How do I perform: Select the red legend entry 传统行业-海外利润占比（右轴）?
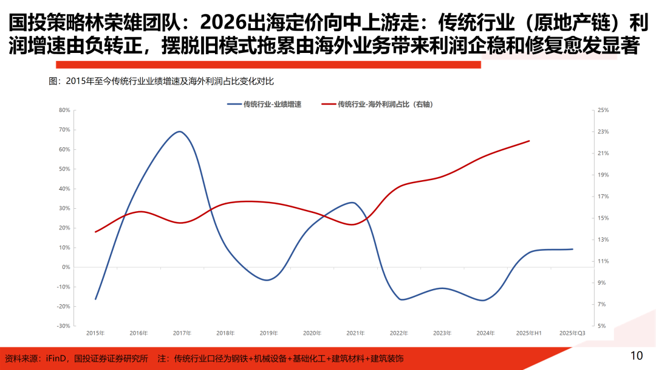[385, 104]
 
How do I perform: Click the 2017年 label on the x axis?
[182, 333]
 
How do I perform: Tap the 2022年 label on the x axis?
[399, 333]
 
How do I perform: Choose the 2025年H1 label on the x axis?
[529, 333]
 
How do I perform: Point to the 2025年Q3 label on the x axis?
[572, 333]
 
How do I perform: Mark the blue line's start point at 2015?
[95, 299]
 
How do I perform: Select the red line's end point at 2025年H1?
[529, 141]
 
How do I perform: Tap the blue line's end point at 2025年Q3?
[572, 249]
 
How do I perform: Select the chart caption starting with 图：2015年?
[165, 82]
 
